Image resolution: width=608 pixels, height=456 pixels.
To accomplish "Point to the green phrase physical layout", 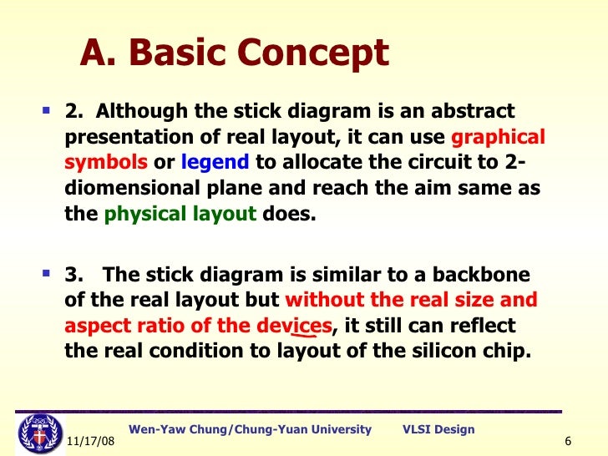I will [180, 214].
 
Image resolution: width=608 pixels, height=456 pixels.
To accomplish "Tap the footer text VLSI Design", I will [438, 429].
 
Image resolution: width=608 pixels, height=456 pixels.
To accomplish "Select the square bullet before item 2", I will [46, 110].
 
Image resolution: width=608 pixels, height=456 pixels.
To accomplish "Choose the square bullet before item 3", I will [46, 274].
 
